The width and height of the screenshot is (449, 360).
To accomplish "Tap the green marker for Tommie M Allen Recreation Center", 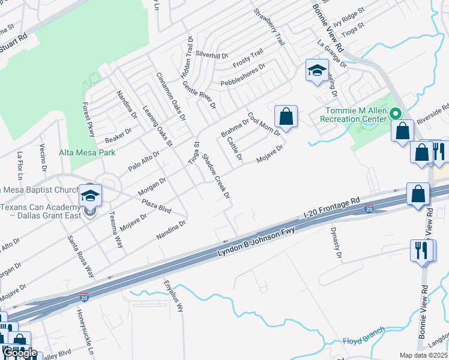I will click(396, 113).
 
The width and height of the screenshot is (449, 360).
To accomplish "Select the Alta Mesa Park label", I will click(87, 153).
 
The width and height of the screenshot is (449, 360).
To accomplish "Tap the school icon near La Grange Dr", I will click(316, 71).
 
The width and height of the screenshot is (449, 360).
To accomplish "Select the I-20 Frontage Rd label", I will click(331, 207).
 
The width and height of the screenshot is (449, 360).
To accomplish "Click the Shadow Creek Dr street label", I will click(216, 177).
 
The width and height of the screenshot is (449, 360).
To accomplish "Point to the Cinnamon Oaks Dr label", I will click(171, 97).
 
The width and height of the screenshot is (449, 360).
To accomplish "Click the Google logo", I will click(20, 353).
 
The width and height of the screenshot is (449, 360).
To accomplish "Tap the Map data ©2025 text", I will click(423, 355).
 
